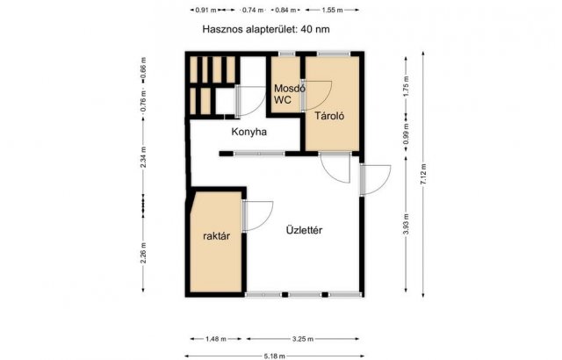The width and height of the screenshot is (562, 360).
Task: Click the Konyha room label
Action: click(249, 132)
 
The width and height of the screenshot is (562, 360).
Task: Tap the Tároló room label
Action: click(329, 116)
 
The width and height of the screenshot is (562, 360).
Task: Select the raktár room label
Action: click(216, 236)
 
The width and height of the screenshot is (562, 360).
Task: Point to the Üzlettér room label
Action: click(304, 230)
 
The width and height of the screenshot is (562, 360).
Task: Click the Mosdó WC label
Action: click(289, 94)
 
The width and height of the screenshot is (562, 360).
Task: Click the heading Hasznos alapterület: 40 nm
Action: click(266, 29)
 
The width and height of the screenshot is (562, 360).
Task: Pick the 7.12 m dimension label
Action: click(423, 174)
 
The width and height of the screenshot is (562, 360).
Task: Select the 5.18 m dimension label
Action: click(275, 356)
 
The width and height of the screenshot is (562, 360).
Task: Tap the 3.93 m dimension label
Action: click(406, 224)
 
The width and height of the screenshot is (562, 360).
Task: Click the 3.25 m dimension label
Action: click(303, 339)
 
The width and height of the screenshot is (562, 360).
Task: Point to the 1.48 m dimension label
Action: click(216, 339)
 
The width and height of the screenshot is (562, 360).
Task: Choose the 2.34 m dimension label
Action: click(143, 157)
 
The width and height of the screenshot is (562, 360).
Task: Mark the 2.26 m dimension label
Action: click(143, 253)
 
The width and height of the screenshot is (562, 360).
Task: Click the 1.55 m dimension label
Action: click(332, 10)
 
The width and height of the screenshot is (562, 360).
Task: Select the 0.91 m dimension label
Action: click(206, 10)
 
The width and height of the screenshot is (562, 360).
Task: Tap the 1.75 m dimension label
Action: click(406, 86)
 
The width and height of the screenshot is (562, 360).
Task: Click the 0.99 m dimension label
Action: click(406, 134)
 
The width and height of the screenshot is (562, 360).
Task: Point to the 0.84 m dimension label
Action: click(285, 10)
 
